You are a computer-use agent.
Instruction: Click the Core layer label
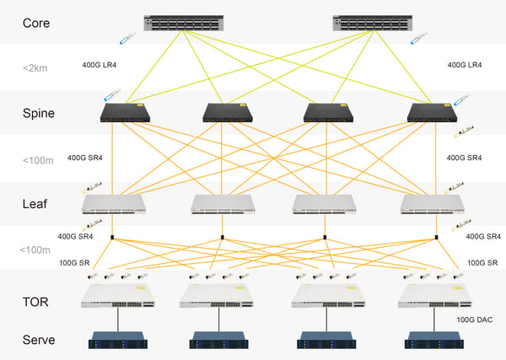[36, 22]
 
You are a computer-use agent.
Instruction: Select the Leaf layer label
[35, 203]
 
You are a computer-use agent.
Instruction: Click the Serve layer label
[39, 340]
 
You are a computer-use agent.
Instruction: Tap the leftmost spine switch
[124, 113]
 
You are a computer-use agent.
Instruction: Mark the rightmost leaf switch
[433, 203]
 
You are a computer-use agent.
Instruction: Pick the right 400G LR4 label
[466, 64]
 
